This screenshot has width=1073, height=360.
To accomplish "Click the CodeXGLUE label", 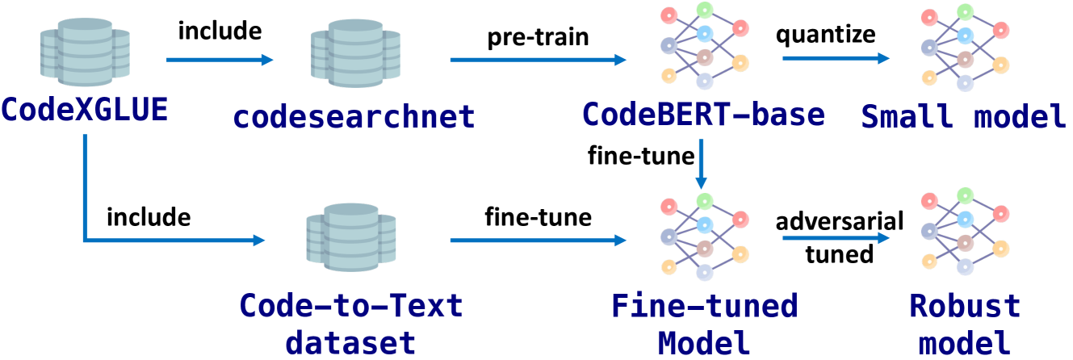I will point(84,108).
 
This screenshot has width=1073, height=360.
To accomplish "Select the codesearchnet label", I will point(354,118).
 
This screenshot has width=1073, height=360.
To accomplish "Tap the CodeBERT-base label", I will point(703,115).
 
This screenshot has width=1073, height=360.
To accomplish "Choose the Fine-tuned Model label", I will point(703,324).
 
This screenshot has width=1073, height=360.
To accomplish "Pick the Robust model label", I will point(965,324).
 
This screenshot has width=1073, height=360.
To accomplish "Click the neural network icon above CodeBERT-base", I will point(705,46).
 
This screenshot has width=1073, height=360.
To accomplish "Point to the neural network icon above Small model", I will point(964,46).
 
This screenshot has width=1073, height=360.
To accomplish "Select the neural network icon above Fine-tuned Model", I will point(705,237).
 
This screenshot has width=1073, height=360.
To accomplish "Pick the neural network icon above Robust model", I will point(964,237).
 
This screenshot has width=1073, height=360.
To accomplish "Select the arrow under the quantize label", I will point(835,59).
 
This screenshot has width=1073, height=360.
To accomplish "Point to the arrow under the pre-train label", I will point(538,60).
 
